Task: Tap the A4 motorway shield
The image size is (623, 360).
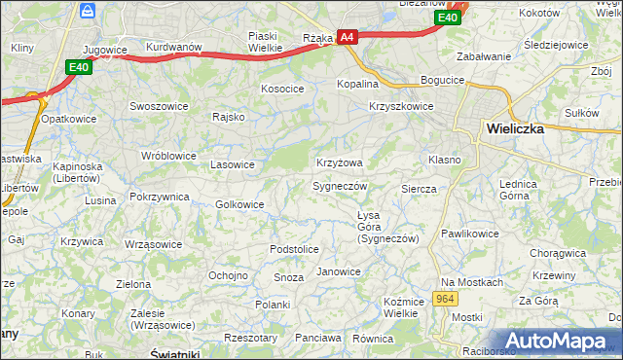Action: point(348,37)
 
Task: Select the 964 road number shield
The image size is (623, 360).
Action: point(445,299)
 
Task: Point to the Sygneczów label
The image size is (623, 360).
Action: point(339,186)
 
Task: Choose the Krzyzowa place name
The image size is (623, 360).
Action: point(339,162)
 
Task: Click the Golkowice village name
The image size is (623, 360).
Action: point(239,204)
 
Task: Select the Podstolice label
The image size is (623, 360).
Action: point(294,250)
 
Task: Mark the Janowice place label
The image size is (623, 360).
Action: point(339,271)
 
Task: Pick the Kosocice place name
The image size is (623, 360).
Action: point(282,89)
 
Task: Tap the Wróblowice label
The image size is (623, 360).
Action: point(168,156)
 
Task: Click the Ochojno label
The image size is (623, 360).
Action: point(228,275)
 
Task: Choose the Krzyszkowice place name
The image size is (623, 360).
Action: point(401,107)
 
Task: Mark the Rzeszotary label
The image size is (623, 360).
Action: point(250,338)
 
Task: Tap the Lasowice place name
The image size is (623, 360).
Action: point(233,164)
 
